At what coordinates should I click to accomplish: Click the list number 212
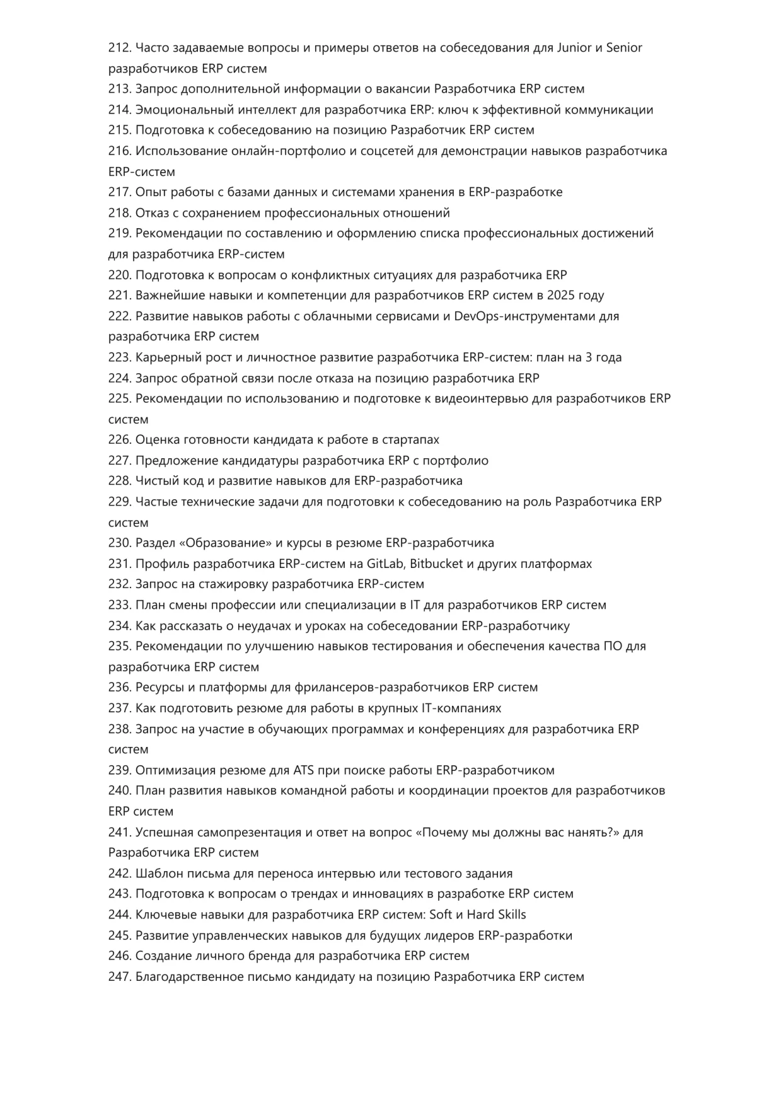tap(119, 48)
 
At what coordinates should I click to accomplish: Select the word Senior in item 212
tap(624, 48)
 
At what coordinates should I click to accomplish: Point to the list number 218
tap(119, 213)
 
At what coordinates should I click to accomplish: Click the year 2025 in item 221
tap(560, 296)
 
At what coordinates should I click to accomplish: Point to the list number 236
tap(119, 687)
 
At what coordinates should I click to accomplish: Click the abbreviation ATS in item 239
tap(300, 770)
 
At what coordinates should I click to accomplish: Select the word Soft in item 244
tap(441, 915)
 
